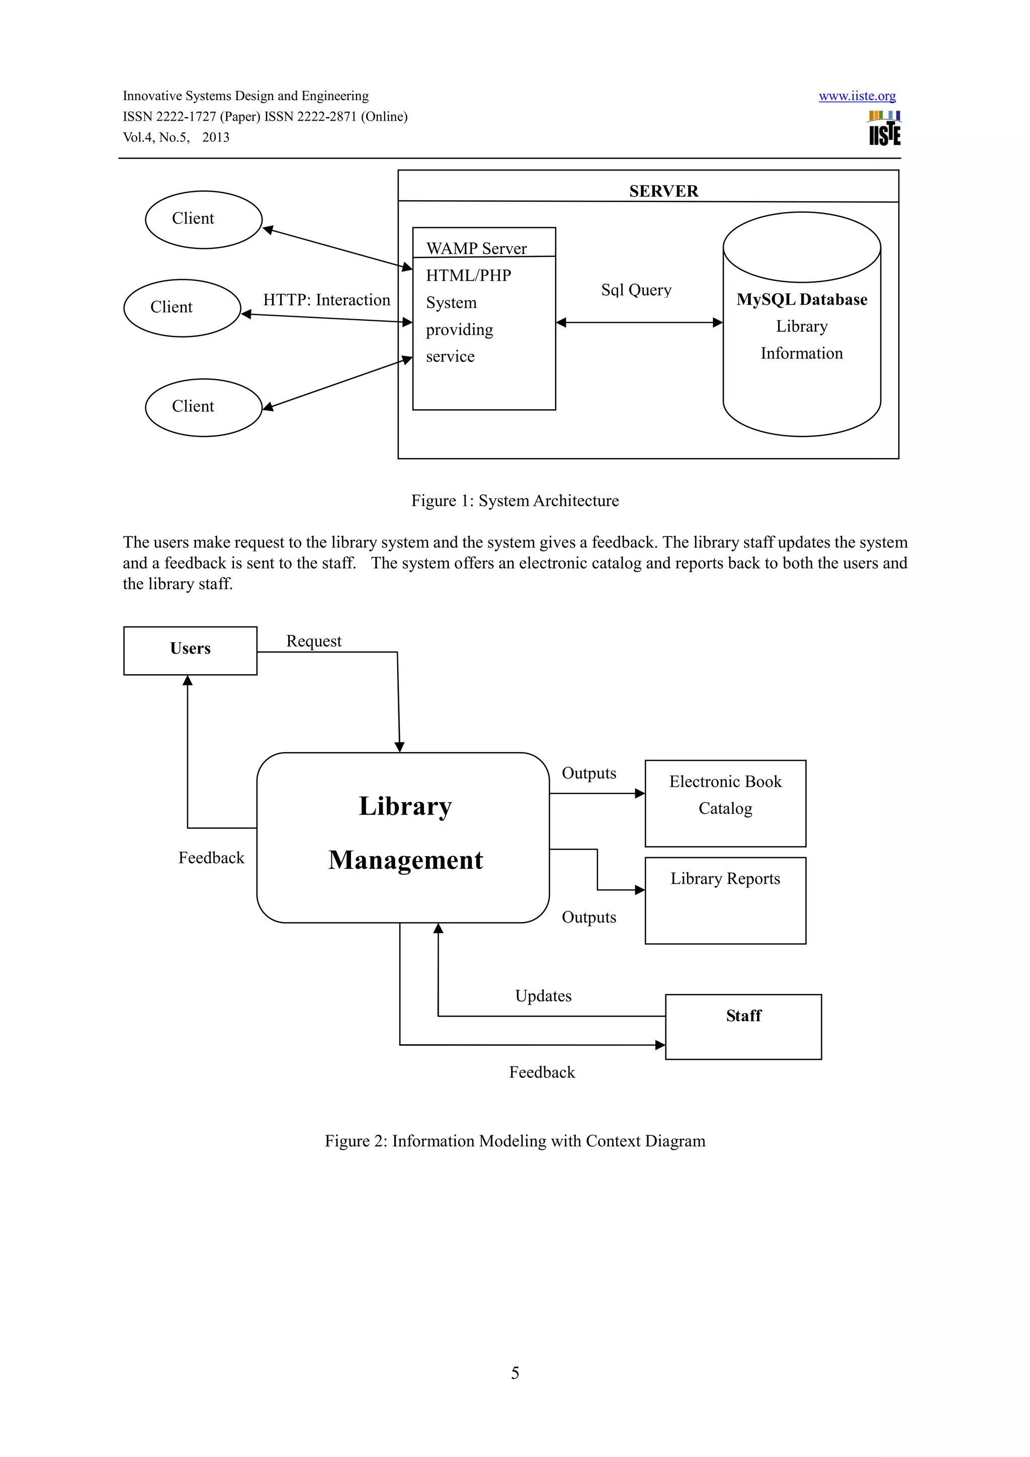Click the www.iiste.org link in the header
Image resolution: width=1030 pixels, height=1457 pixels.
tap(857, 96)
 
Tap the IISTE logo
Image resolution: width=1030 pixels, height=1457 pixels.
tap(884, 129)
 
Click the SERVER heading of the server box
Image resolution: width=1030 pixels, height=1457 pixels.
tap(663, 191)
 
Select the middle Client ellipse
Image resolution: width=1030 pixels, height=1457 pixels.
tap(182, 308)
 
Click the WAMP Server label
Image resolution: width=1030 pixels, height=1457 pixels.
tap(476, 248)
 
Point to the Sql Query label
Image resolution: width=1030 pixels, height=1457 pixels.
tap(636, 290)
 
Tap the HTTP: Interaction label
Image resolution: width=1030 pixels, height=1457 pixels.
tap(326, 300)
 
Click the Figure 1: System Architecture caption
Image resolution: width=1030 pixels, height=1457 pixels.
tap(514, 501)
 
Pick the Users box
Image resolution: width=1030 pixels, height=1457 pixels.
tap(190, 651)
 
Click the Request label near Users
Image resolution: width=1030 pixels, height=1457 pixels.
tap(313, 641)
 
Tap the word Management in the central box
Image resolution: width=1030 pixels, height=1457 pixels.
tap(405, 860)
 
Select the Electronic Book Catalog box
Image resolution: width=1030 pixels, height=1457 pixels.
tap(725, 803)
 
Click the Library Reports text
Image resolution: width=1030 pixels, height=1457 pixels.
tap(725, 879)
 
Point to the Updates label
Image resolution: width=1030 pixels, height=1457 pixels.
tap(543, 995)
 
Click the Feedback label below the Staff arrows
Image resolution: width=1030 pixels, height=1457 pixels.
tap(541, 1072)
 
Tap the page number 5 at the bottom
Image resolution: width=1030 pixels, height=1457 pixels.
tap(514, 1373)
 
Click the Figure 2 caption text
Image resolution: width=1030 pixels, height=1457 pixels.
tap(514, 1141)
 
